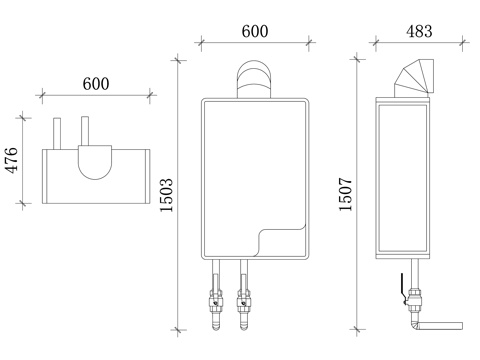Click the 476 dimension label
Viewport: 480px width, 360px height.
point(12,160)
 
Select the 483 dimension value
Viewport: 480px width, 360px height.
point(419,31)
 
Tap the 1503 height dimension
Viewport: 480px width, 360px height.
point(167,195)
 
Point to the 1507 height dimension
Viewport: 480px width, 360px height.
point(346,194)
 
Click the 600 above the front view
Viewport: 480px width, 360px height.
point(255,31)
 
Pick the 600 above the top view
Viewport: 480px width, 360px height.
point(96,84)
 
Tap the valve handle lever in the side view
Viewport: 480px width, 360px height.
point(403,289)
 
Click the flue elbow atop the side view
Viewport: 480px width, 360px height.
point(414,78)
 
